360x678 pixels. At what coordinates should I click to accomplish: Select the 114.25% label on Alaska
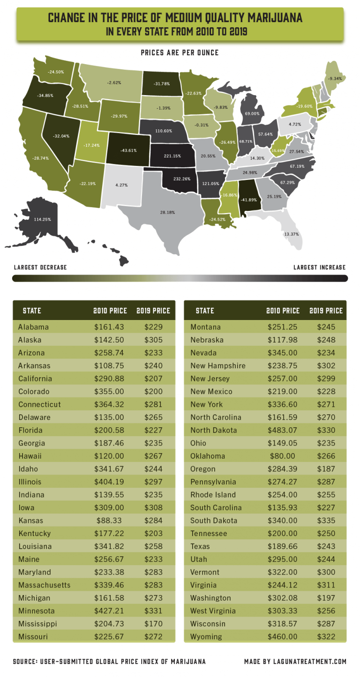pos(42,219)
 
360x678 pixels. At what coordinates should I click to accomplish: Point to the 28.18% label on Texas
pos(168,212)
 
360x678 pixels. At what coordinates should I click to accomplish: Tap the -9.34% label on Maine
pos(335,79)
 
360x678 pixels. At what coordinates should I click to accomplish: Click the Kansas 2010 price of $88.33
pos(109,507)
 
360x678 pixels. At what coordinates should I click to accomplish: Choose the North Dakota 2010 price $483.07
pos(283,430)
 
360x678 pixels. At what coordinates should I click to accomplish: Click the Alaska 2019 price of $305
pos(153,340)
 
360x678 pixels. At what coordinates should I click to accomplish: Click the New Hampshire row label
pos(217,365)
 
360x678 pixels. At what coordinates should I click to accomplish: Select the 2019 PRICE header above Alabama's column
pos(153,311)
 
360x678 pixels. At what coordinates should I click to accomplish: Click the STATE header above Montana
pos(205,311)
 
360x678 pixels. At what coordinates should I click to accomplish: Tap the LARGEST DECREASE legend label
pos(40,268)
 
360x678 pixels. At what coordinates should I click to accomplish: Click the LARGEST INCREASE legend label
pos(319,268)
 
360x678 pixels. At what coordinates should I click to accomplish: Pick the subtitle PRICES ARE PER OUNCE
pos(180,52)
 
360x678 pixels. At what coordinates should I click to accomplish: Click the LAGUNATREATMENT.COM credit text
pos(295,662)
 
